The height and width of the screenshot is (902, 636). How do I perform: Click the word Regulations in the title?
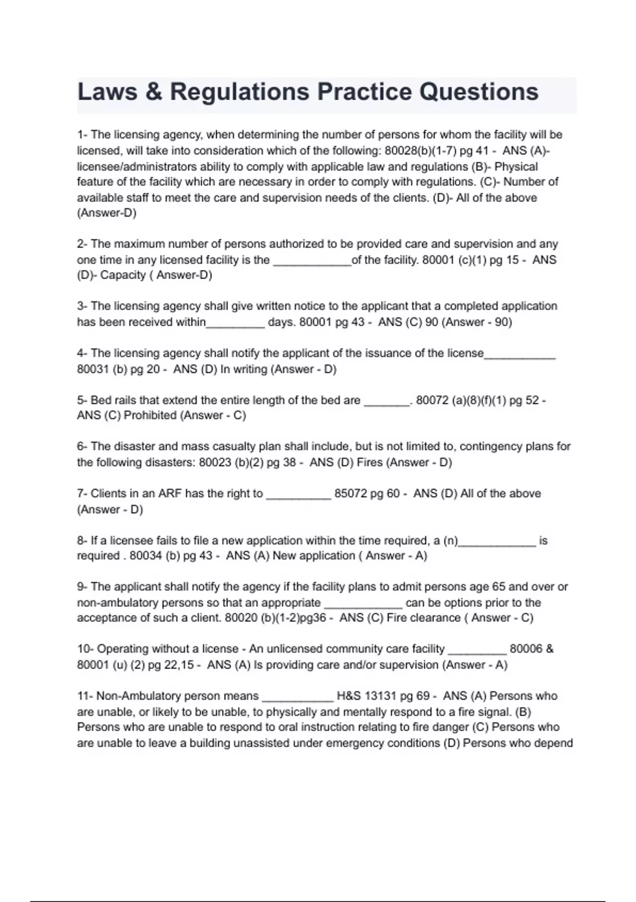tap(239, 92)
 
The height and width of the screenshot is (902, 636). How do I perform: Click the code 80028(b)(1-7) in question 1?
tap(421, 151)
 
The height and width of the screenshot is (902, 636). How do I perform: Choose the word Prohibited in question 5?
tap(151, 415)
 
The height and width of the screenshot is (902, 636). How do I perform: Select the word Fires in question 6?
tap(369, 463)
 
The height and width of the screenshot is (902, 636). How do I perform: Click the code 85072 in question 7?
tap(350, 493)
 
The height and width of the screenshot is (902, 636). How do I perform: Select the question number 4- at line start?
tap(82, 353)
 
